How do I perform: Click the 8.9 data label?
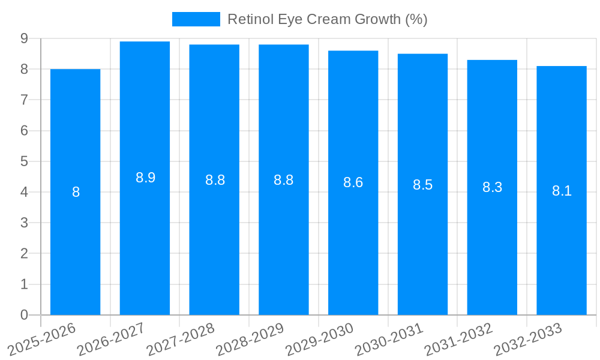pos(145,178)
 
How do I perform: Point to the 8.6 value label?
pos(353,182)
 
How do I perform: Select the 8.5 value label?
pos(422,185)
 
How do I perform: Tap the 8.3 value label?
pos(492,187)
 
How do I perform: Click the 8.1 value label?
pos(562,191)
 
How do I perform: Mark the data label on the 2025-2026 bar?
pos(76,192)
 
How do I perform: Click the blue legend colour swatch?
pos(196,19)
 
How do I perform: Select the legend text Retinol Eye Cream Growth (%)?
pos(327,19)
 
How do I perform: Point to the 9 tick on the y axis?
pos(25,38)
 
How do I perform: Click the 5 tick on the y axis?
pos(25,161)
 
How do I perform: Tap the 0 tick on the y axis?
pos(25,315)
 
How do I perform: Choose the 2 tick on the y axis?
pos(25,253)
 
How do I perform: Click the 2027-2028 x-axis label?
pos(180,339)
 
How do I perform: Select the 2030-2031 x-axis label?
pos(389,339)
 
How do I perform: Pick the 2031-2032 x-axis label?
pos(458,339)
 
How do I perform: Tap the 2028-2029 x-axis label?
pos(250,339)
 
